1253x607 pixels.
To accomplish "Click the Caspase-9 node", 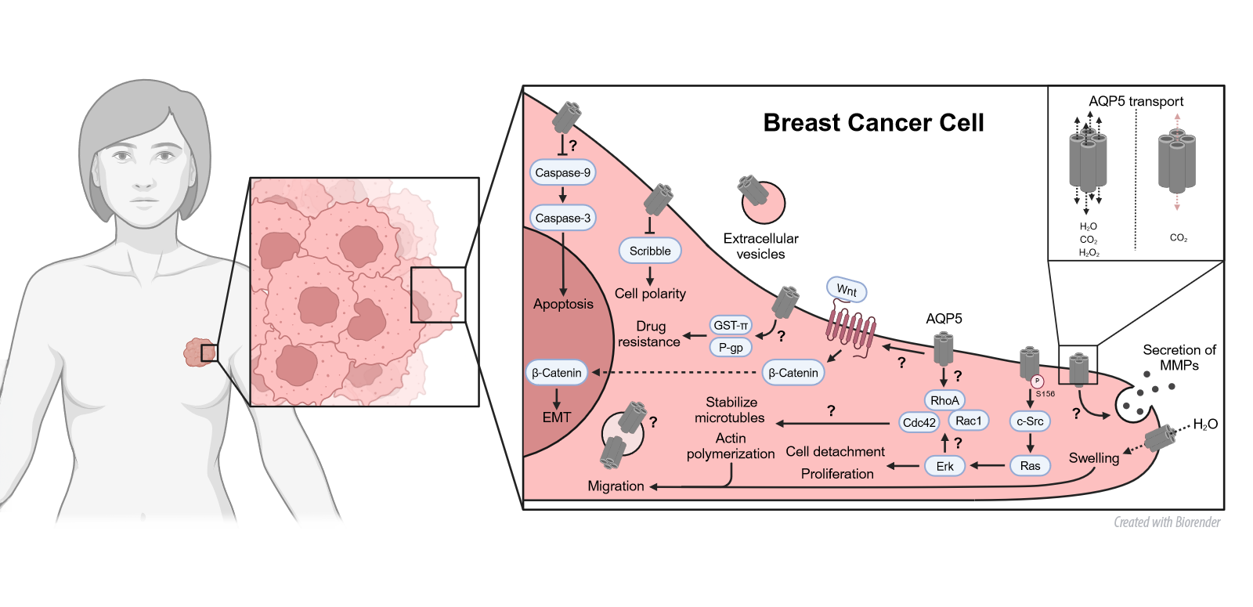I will (562, 172).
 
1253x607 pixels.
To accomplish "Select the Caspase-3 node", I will (562, 218).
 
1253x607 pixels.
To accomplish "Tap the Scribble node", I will (650, 251).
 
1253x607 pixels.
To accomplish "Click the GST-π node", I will (731, 325).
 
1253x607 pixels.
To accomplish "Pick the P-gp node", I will (731, 347).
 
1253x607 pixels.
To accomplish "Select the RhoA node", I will (944, 400).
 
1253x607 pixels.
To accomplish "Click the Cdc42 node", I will (919, 422).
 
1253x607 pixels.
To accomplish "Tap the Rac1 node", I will (969, 421).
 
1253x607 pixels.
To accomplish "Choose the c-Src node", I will (1030, 421).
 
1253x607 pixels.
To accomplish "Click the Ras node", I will (1030, 465).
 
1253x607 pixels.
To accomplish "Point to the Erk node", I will (945, 466).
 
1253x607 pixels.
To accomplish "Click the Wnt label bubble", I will (847, 290).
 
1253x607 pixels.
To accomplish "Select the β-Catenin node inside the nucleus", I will (557, 373).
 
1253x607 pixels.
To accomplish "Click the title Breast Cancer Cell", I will (873, 123).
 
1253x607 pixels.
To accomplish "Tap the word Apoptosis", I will (563, 304).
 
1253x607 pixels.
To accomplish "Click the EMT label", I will (557, 417).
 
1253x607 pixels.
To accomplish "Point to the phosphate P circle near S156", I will (1038, 381).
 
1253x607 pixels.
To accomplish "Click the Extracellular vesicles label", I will (760, 246).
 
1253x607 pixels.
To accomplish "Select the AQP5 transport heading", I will (1136, 101).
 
